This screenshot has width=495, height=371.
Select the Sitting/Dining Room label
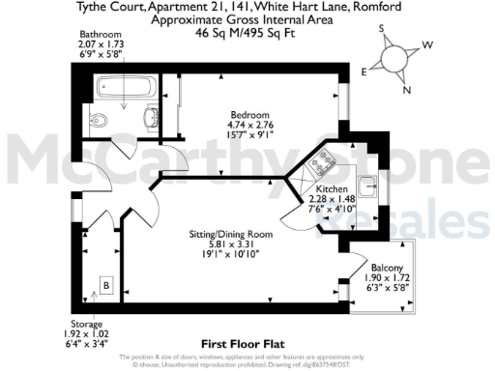tap(229, 234)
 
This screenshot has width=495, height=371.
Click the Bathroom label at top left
tap(100, 34)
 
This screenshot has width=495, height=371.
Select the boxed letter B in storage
tap(105, 285)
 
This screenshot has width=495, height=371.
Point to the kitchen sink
tap(367, 183)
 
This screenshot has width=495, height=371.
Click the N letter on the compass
tap(406, 91)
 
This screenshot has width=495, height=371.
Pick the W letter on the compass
tap(427, 45)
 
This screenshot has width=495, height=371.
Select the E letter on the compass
tap(364, 71)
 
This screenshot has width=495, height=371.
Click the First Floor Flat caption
tap(241, 343)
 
